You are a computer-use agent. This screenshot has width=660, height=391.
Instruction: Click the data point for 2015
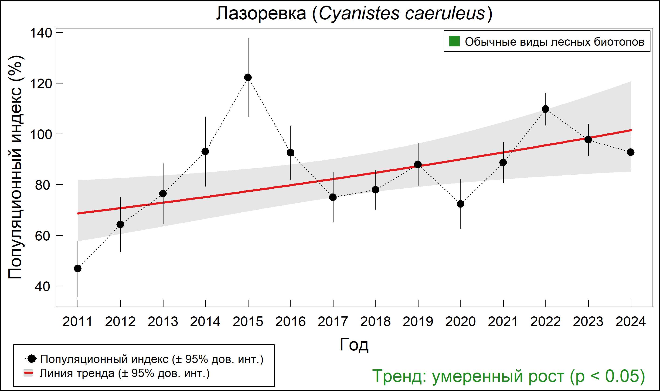[x=248, y=77]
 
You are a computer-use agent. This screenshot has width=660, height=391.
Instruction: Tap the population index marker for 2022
[x=545, y=109]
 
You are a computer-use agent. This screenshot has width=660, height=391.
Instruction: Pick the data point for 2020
[x=460, y=204]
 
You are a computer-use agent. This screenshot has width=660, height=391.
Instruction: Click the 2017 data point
[x=333, y=197]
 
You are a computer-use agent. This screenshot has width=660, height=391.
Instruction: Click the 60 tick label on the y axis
[x=42, y=236]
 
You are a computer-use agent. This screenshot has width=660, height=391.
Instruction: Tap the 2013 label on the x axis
[x=163, y=322]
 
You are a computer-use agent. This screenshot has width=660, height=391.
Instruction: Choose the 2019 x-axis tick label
[x=418, y=322]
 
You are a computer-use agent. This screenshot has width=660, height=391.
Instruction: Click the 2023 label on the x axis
[x=588, y=322]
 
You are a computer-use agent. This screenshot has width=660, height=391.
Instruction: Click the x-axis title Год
[x=354, y=345]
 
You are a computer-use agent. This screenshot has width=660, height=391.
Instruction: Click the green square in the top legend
[x=454, y=41]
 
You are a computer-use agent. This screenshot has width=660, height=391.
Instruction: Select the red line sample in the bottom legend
[x=28, y=373]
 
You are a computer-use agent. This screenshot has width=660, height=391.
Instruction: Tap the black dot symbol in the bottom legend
[x=32, y=359]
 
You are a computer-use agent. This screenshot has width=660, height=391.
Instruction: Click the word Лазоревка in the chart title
[x=261, y=14]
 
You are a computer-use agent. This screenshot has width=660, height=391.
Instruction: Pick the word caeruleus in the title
[x=445, y=14]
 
